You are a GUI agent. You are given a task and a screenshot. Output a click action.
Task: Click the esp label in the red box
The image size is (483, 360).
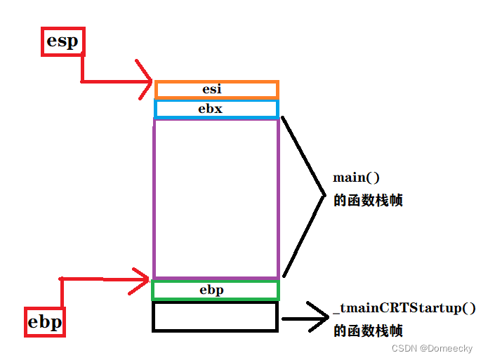[x=62, y=41]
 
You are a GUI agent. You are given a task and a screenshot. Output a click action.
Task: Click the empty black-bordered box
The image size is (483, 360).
[x=215, y=316]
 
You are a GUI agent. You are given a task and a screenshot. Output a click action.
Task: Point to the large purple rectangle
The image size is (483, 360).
[x=216, y=198]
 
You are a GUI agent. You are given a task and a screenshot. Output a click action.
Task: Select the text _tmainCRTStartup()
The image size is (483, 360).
[x=405, y=309]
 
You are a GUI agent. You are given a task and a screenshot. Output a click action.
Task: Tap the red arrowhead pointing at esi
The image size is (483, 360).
[x=147, y=81]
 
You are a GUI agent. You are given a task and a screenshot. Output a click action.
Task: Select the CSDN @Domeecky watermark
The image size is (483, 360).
[x=432, y=348]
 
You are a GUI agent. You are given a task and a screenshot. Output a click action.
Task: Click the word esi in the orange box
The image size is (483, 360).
[x=212, y=89]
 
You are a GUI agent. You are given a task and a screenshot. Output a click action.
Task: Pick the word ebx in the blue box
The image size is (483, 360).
[x=210, y=109]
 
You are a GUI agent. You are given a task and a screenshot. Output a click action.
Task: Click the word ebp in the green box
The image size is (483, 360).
[x=211, y=290]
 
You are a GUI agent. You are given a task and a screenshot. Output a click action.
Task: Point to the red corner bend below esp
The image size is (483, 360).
[x=82, y=81]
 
